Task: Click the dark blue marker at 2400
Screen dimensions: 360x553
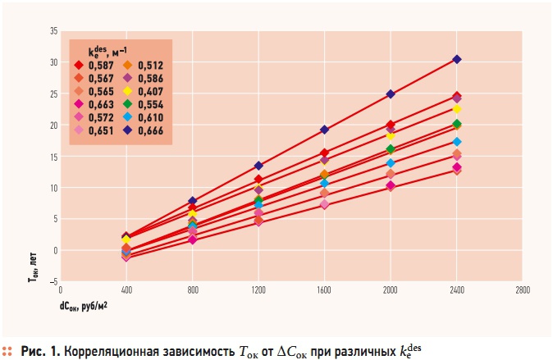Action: (x=457, y=59)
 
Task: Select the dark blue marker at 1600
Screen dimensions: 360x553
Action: (x=325, y=130)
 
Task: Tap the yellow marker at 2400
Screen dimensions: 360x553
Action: (x=457, y=109)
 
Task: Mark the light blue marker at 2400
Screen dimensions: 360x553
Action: (x=457, y=142)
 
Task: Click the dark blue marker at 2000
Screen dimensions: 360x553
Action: (x=391, y=94)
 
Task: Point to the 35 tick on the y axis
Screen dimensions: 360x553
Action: (x=53, y=31)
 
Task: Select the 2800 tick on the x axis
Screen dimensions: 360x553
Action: (x=523, y=289)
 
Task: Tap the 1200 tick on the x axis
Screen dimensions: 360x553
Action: (x=258, y=289)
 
